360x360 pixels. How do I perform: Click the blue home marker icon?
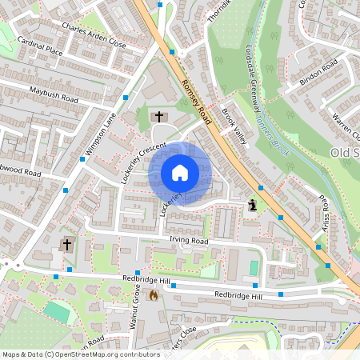180,172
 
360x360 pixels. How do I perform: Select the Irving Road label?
189,241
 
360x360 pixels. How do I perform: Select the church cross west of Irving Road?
66,244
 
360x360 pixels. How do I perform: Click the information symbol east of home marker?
254,205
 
